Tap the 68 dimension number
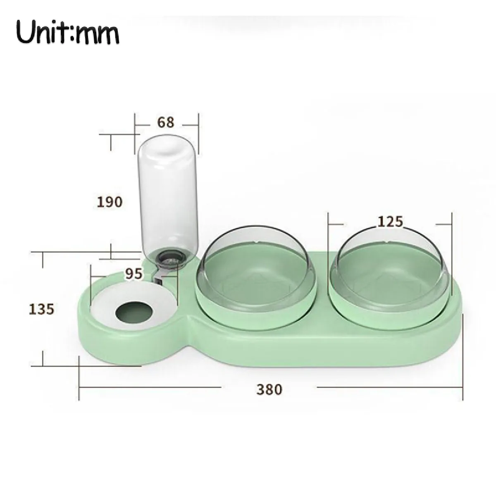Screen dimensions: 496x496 (166, 123)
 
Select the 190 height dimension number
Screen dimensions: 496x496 (110, 202)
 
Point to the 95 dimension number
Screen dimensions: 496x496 (134, 274)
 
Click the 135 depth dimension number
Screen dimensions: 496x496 (42, 309)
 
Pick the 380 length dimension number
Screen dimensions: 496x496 (269, 389)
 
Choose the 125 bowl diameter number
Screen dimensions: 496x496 (390, 222)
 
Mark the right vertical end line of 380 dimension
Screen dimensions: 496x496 (461, 360)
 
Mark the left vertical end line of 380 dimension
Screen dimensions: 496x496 (79, 378)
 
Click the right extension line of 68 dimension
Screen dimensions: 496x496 (199, 132)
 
